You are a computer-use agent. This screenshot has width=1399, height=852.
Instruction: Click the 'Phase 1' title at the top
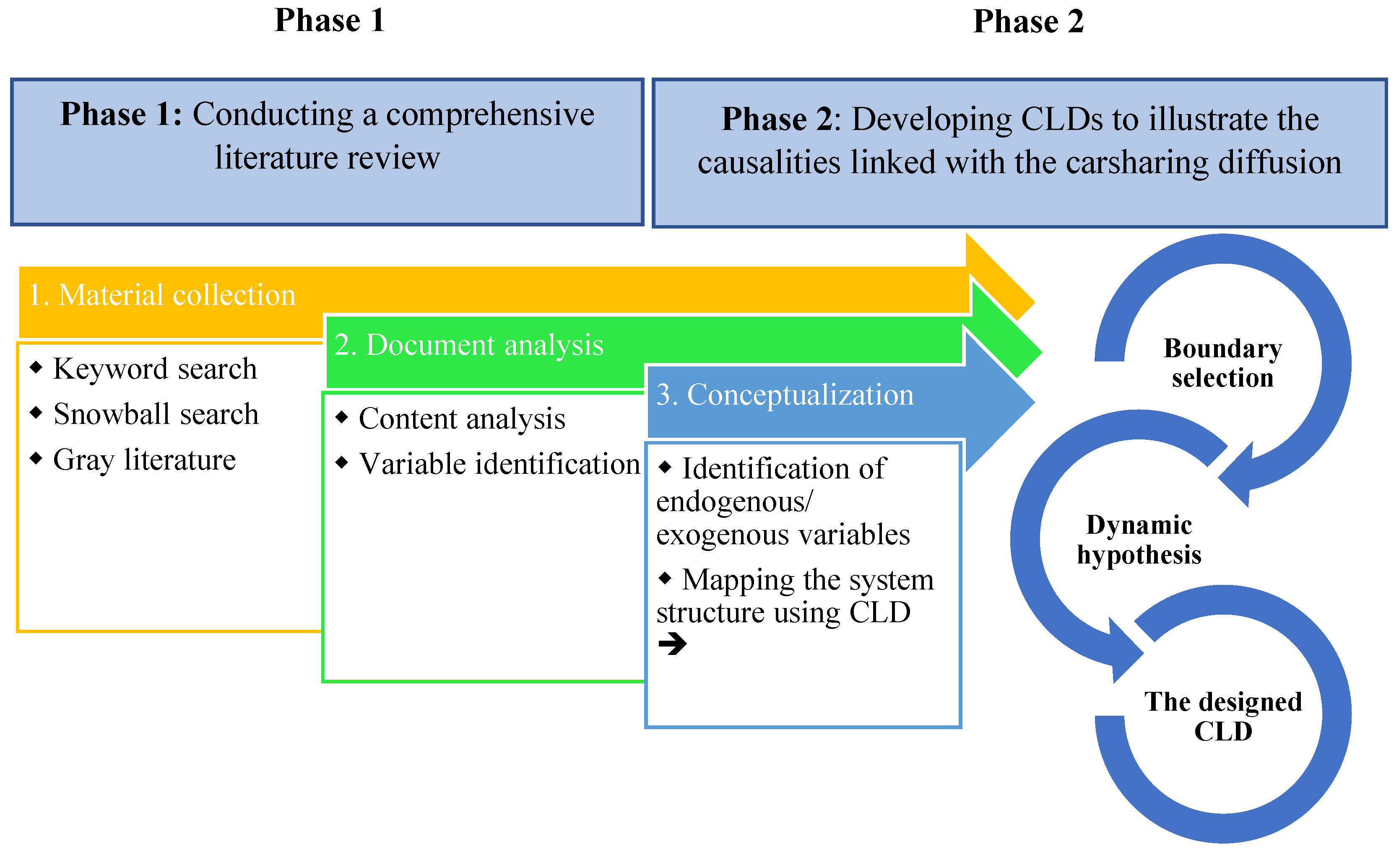pos(329,21)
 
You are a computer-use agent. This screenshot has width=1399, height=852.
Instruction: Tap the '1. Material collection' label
pos(162,295)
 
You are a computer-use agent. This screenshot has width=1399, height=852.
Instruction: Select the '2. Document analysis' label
pos(469,345)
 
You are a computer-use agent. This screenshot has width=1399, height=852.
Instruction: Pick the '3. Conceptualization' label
pos(785,395)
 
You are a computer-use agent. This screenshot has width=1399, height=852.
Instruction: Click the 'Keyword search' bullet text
pos(155,369)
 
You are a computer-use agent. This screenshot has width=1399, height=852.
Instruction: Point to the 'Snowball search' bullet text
pos(156,414)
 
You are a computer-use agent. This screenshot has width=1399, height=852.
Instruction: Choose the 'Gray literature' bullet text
pos(144,460)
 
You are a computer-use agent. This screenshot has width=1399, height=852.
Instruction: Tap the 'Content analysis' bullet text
pos(462,419)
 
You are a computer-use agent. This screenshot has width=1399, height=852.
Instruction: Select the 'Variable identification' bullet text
pos(499,464)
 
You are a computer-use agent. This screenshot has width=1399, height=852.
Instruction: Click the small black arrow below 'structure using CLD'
pos(672,643)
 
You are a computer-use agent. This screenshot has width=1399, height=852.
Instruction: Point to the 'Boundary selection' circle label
pos(1223,363)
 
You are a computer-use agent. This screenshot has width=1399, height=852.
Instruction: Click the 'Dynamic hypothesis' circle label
pos(1139,540)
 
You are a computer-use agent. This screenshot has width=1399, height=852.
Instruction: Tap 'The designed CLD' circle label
pos(1223,716)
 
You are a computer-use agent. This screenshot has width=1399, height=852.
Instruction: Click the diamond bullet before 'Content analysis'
pos(342,417)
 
